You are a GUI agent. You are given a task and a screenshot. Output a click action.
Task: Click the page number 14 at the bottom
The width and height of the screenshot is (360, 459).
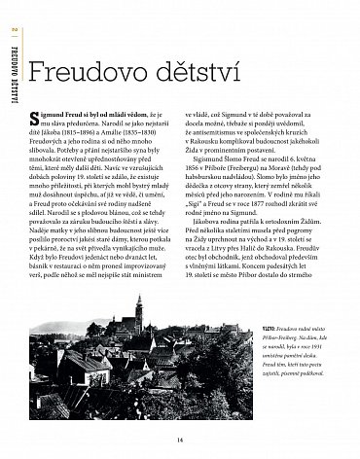click(x=180, y=439)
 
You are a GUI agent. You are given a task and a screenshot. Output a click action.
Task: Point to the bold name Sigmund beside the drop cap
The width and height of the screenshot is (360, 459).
click(x=62, y=114)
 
